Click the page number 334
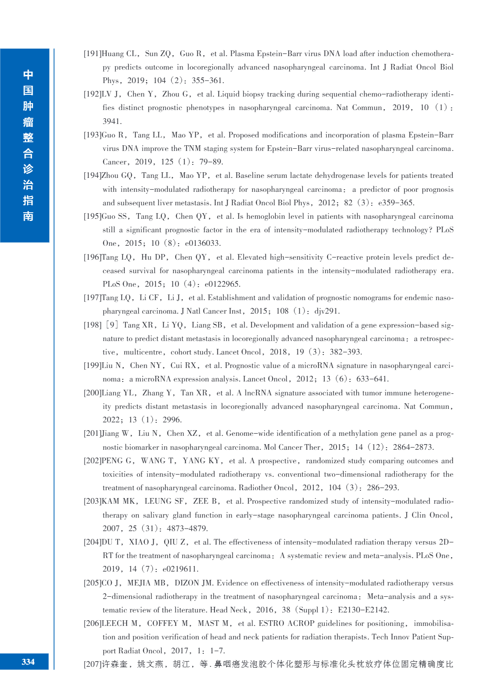click(x=28, y=662)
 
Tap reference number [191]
click(x=92, y=54)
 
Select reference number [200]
click(x=92, y=393)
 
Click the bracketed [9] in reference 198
click(x=112, y=325)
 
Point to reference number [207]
click(x=92, y=664)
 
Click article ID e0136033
click(x=203, y=244)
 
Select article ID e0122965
click(x=222, y=284)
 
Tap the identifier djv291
click(x=327, y=311)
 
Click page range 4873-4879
click(x=187, y=528)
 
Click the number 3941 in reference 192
click(x=112, y=121)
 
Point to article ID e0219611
click(x=181, y=569)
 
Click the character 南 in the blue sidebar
click(x=28, y=216)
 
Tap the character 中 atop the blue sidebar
click(x=28, y=75)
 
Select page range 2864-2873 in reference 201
click(x=413, y=447)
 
